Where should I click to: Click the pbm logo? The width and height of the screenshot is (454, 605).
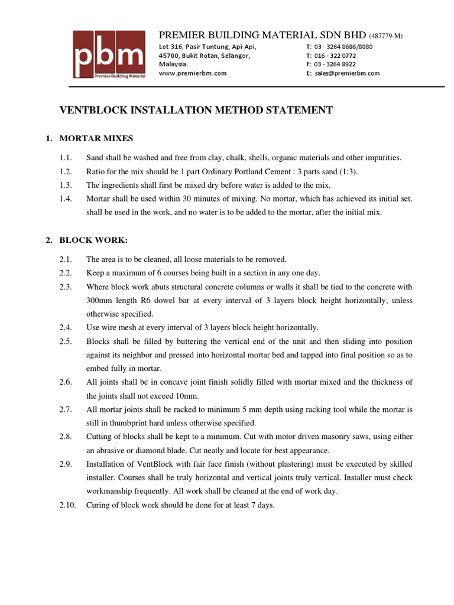[108, 54]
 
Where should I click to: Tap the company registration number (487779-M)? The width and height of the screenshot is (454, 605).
[387, 37]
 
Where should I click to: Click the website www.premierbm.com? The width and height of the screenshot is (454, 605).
[193, 73]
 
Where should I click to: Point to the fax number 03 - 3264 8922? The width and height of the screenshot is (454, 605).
[335, 64]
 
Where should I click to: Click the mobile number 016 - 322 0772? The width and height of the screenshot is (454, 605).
[335, 56]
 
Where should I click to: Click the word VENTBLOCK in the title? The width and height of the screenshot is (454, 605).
[92, 110]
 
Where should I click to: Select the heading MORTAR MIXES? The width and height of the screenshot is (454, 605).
[96, 138]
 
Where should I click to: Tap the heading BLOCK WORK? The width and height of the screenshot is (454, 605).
[93, 240]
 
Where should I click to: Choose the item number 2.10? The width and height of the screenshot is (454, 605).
[67, 505]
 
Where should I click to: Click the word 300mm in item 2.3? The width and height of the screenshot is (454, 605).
[100, 300]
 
